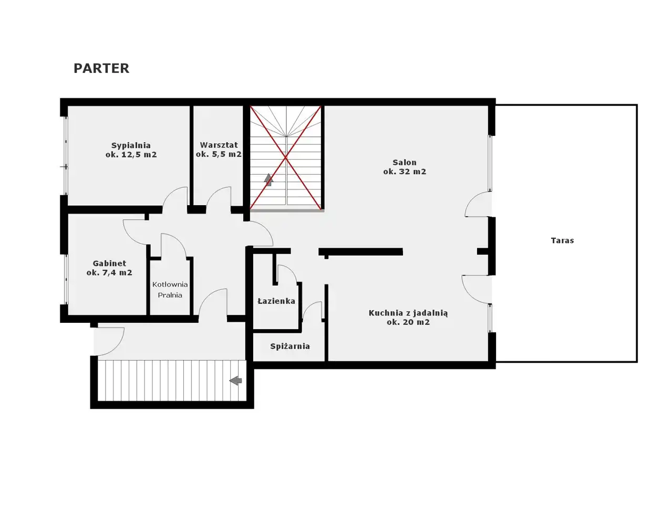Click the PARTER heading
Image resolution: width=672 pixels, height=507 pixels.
[x=101, y=68]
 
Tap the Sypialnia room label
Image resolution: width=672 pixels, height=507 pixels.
[x=131, y=145]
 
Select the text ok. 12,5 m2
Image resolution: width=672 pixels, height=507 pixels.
[x=131, y=154]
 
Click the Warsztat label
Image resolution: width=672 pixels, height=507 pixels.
[x=219, y=145]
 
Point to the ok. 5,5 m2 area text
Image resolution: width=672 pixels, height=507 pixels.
[x=219, y=154]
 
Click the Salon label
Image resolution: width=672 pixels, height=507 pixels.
[x=404, y=162]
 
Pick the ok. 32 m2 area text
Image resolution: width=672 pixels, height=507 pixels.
[x=405, y=172]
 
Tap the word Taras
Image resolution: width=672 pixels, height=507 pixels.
[x=562, y=240]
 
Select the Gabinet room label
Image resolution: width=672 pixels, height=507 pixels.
[x=109, y=263]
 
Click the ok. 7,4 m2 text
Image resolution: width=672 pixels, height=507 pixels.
[x=109, y=272]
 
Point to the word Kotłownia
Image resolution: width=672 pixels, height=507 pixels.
[x=170, y=284]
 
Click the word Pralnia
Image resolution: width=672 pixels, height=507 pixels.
[x=170, y=295]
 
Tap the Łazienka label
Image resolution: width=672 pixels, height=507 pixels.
[x=276, y=301]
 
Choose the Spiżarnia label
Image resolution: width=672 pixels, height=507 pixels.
[x=290, y=346]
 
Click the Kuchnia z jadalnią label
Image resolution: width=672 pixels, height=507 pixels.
[x=408, y=313]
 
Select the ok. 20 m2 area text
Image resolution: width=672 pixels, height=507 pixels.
[x=408, y=322]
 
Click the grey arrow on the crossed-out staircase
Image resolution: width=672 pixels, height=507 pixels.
[x=268, y=179]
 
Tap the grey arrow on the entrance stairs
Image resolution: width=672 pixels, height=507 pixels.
[x=235, y=381]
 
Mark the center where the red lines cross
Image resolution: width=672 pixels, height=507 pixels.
[x=286, y=158]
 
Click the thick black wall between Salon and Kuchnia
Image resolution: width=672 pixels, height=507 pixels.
[x=360, y=252]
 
